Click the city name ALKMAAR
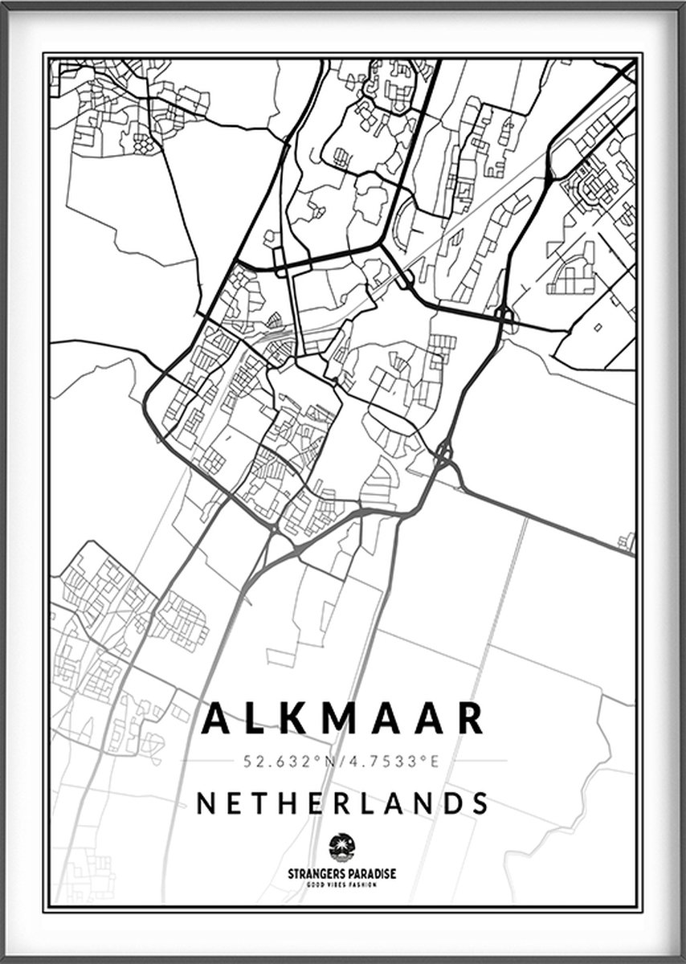click(342, 719)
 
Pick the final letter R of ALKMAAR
click(471, 719)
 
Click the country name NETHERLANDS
click(342, 803)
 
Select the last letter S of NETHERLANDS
click(480, 803)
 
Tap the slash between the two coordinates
click(347, 761)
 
